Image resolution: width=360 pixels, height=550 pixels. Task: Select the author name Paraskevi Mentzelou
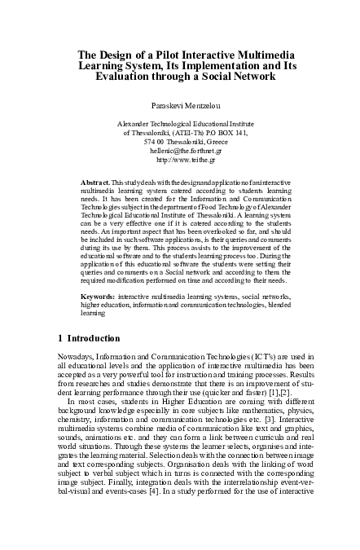179,105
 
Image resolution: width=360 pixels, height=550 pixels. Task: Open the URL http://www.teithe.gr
179,161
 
